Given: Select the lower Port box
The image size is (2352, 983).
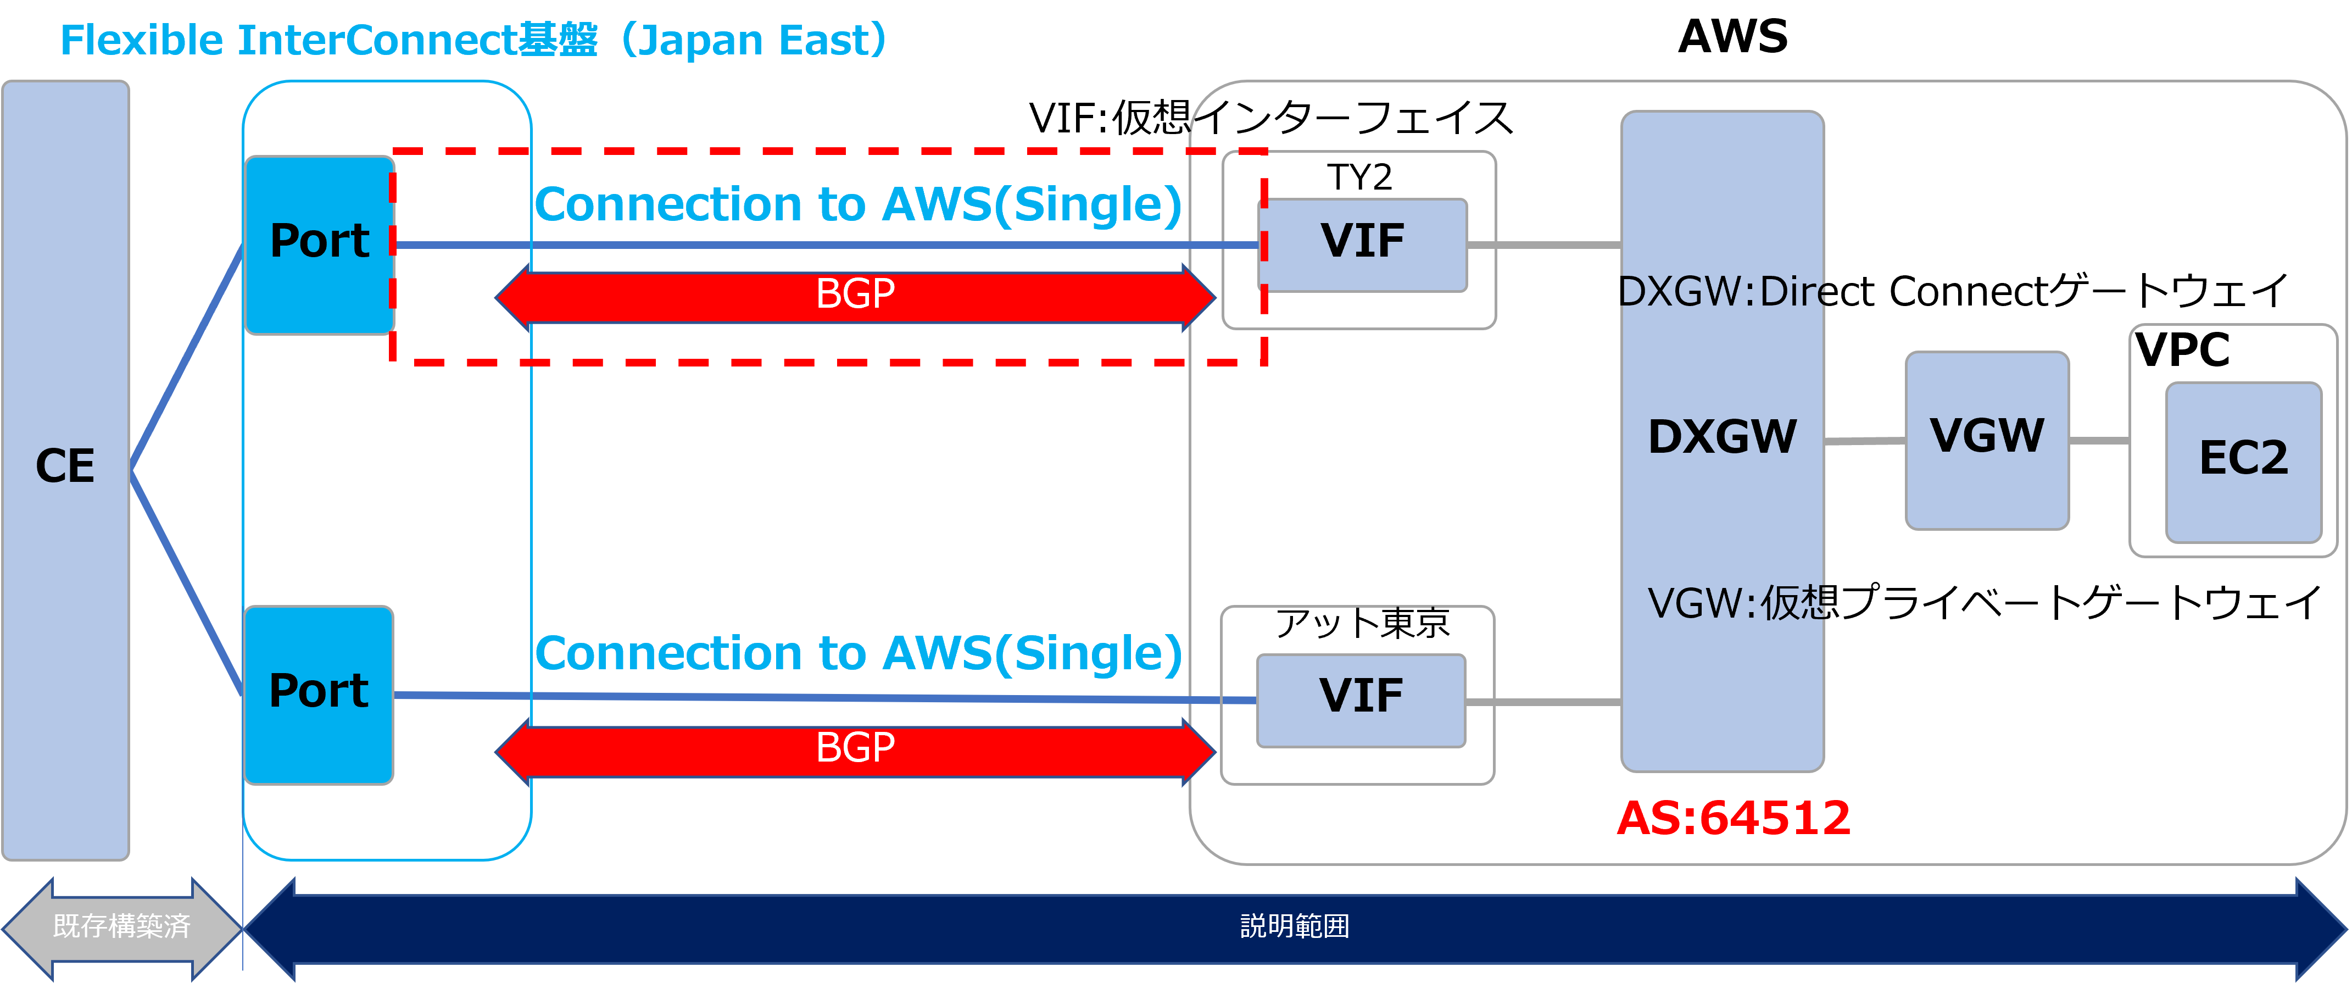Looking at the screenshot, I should [319, 692].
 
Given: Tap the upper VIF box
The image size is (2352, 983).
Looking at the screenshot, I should [1362, 243].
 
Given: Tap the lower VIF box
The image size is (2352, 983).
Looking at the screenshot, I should [1361, 698].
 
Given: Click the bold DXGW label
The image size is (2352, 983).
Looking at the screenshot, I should [1722, 437].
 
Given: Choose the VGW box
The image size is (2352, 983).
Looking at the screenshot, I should [1987, 438].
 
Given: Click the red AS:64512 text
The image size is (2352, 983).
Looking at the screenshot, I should [1733, 818].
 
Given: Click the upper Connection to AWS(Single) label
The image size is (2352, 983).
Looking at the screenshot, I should [857, 204].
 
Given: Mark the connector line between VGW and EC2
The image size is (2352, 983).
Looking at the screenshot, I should [2098, 440].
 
